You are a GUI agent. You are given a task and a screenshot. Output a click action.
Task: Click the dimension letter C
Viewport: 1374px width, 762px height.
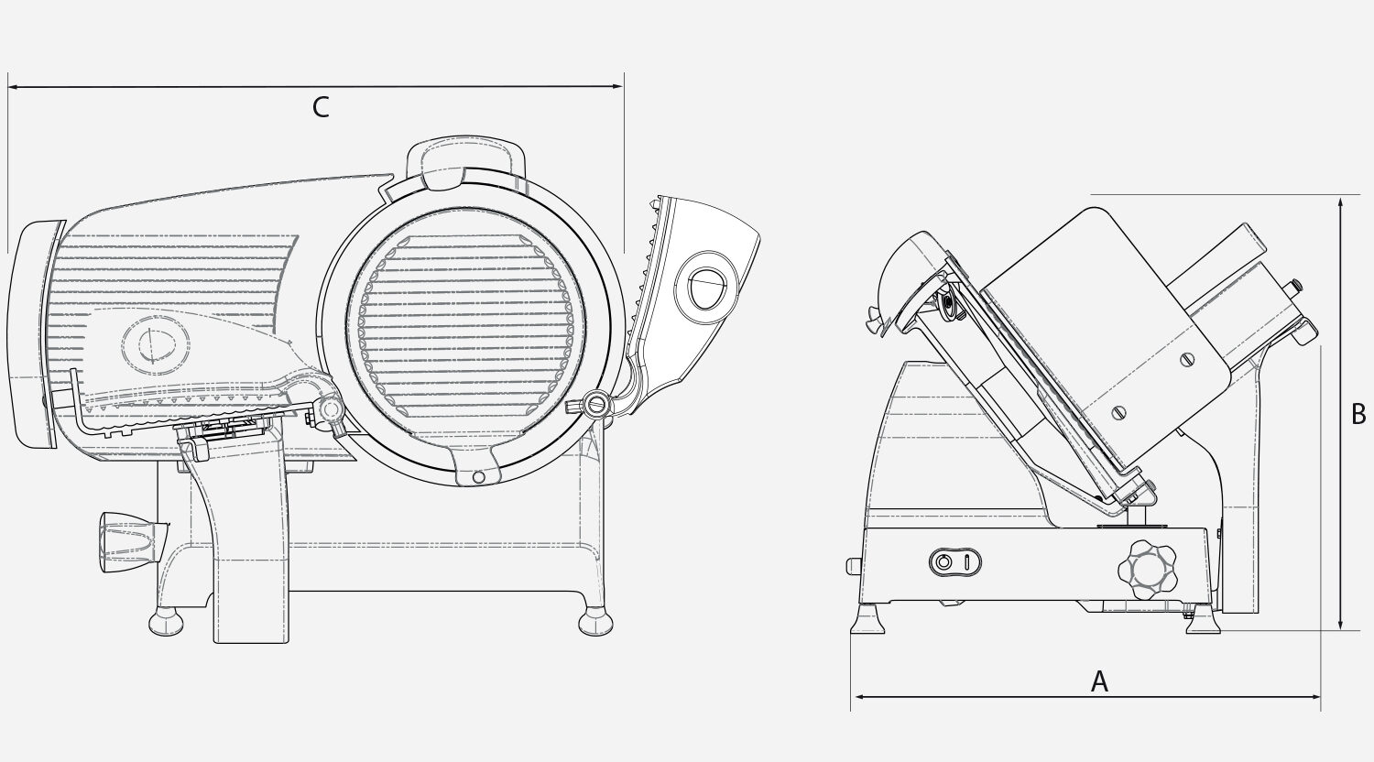pyautogui.click(x=321, y=107)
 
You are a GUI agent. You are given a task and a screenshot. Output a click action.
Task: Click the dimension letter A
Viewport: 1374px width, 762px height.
pyautogui.click(x=1099, y=681)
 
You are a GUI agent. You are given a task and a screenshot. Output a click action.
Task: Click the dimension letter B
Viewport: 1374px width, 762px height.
pyautogui.click(x=1358, y=414)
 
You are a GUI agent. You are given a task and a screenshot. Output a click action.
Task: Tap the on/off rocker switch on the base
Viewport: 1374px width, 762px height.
pyautogui.click(x=955, y=562)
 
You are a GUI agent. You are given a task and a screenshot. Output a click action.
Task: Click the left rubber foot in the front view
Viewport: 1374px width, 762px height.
pyautogui.click(x=166, y=620)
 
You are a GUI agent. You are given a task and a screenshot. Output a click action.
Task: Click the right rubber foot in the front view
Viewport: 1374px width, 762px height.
pyautogui.click(x=595, y=620)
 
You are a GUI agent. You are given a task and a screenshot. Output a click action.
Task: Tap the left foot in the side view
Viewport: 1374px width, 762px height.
pyautogui.click(x=868, y=620)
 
